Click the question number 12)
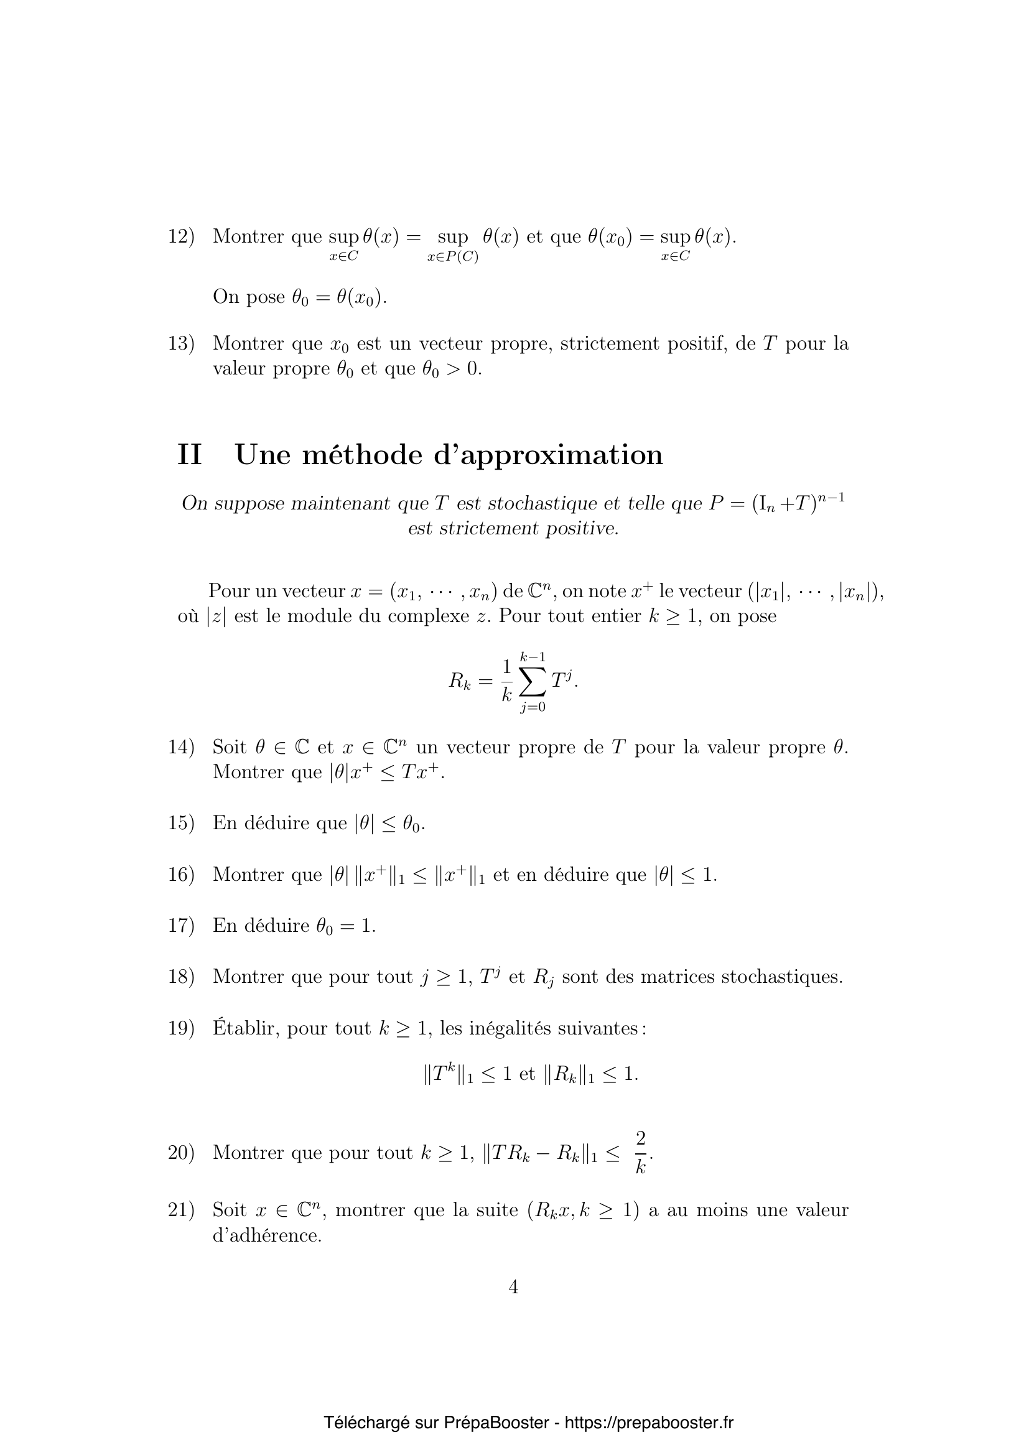(180, 237)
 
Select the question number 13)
(180, 344)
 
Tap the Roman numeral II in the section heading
(190, 455)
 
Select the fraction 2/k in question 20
(641, 1153)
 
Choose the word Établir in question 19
(246, 1027)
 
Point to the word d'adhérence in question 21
(267, 1235)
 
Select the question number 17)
(180, 926)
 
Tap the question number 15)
(180, 823)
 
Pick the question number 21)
(180, 1210)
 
